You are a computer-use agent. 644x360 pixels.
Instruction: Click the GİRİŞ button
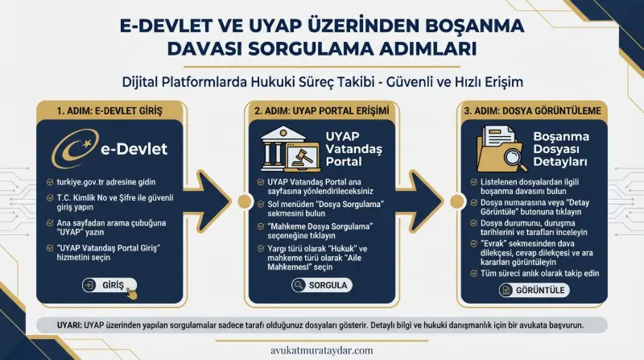pyautogui.click(x=108, y=284)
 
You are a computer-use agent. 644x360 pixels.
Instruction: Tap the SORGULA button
pyautogui.click(x=321, y=285)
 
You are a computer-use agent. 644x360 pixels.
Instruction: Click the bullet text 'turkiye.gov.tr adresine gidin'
pyautogui.click(x=113, y=184)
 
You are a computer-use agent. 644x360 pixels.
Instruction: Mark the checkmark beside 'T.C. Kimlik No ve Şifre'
pyautogui.click(x=51, y=197)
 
